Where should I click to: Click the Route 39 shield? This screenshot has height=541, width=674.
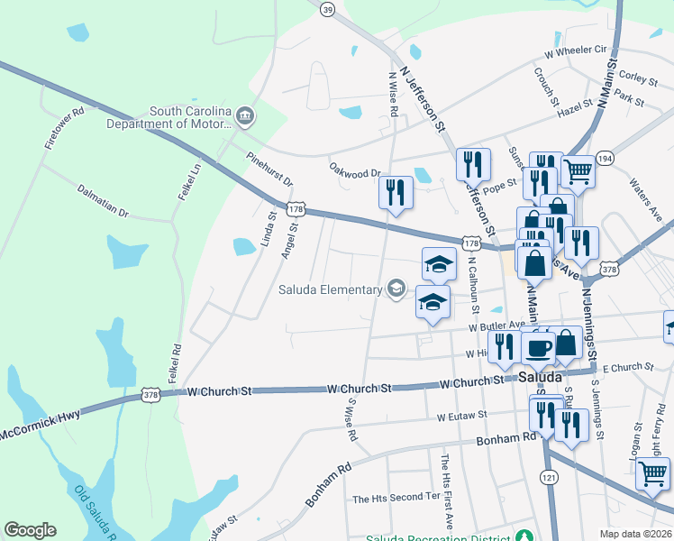tap(328, 9)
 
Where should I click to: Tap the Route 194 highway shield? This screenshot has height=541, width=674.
tap(604, 158)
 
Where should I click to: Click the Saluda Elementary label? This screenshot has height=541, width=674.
tap(329, 289)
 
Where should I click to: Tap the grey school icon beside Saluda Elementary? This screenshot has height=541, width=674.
tap(395, 289)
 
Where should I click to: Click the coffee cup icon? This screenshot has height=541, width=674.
tap(539, 347)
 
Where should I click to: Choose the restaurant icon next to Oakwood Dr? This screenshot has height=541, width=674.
tap(396, 192)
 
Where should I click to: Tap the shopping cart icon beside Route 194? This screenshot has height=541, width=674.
tap(578, 170)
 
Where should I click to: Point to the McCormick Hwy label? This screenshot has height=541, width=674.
tap(41, 421)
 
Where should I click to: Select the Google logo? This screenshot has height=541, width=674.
tap(30, 530)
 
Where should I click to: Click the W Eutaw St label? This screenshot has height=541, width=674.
tap(461, 417)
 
